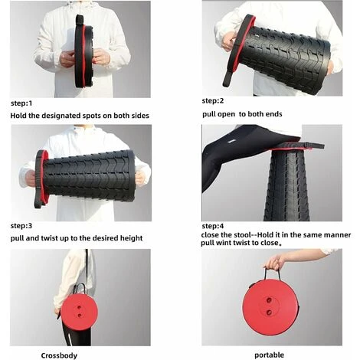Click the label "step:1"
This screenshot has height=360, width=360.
point(21,103)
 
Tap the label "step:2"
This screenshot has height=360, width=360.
point(213,101)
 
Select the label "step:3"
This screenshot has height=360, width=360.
point(21,226)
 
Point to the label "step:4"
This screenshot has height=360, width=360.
point(213,226)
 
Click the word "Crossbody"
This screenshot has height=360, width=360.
point(59,355)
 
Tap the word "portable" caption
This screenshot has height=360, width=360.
point(269,355)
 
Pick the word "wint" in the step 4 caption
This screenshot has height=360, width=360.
point(224,243)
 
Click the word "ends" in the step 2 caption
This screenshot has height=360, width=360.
point(273,114)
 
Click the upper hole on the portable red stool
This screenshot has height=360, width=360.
point(269,300)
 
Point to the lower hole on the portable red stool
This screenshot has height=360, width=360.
point(269,312)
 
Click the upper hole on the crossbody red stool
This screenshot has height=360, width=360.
point(79,307)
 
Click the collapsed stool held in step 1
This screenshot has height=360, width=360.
point(83,51)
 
